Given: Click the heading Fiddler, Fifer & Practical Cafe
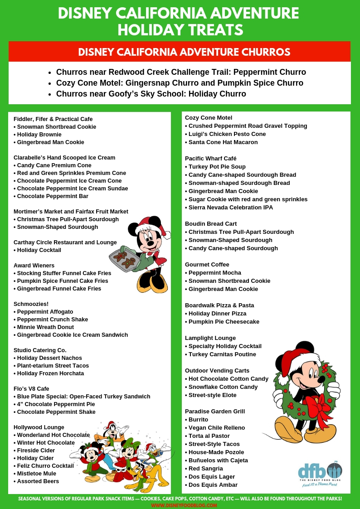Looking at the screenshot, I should click(x=53, y=119).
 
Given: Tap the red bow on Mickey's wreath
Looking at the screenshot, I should click(x=319, y=405).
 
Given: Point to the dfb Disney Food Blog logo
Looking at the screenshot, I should click(x=320, y=473).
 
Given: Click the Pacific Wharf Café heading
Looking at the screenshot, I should click(x=210, y=159).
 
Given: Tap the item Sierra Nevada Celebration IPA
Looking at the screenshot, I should click(x=230, y=208).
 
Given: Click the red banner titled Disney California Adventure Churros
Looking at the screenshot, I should click(x=180, y=52).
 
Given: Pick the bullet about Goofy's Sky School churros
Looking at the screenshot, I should click(x=151, y=94).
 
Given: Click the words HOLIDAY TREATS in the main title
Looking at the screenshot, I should click(x=180, y=30).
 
